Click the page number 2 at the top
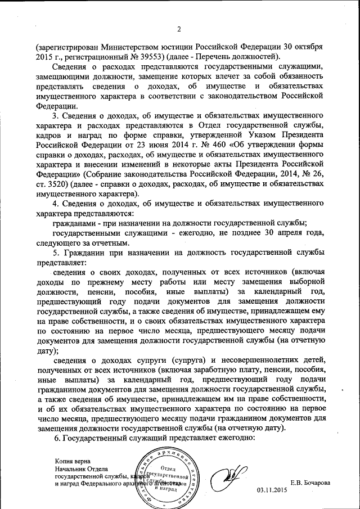[179, 30]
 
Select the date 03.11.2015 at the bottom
[272, 490]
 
